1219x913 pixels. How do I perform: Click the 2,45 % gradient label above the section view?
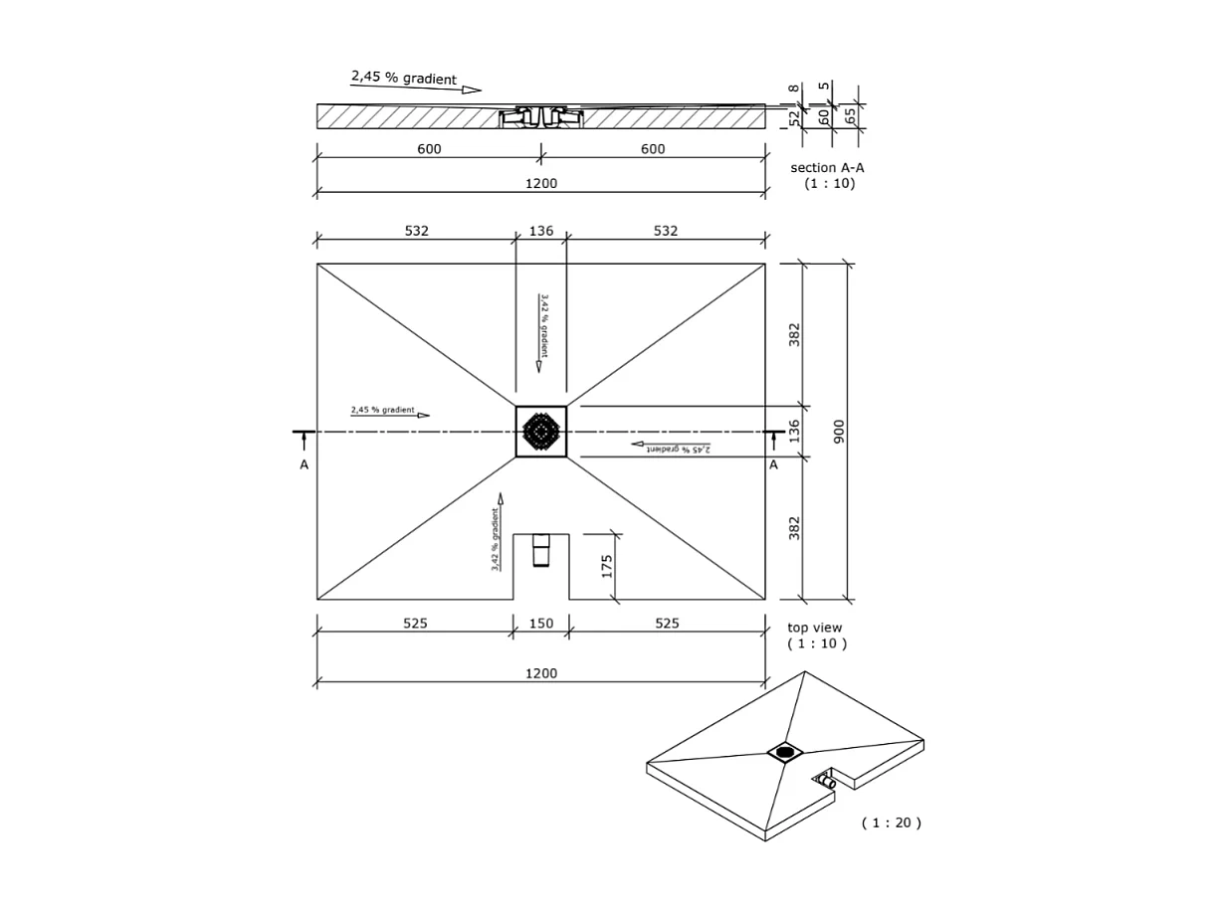point(403,78)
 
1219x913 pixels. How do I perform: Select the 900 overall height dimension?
point(839,431)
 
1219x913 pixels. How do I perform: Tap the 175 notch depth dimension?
point(606,567)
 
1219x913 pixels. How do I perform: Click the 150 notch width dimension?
point(541,624)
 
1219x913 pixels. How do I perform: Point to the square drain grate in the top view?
point(541,432)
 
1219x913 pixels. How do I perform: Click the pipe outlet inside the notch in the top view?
point(541,550)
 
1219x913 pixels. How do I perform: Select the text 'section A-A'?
point(827,168)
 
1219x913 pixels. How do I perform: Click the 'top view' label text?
point(814,628)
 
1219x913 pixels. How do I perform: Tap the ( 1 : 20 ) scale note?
point(891,822)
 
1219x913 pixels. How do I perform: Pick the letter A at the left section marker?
point(304,464)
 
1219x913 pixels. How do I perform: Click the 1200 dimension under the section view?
point(541,183)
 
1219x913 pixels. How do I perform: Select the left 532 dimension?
point(416,231)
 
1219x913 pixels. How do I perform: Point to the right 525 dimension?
point(667,624)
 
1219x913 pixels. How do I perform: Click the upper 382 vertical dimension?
point(794,333)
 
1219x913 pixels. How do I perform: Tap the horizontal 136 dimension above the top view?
point(541,231)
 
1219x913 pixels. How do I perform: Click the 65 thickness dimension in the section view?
point(851,116)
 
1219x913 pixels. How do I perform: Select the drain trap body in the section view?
point(540,116)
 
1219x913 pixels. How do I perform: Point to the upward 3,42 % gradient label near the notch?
point(495,539)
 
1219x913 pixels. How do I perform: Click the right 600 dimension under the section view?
point(653,149)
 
